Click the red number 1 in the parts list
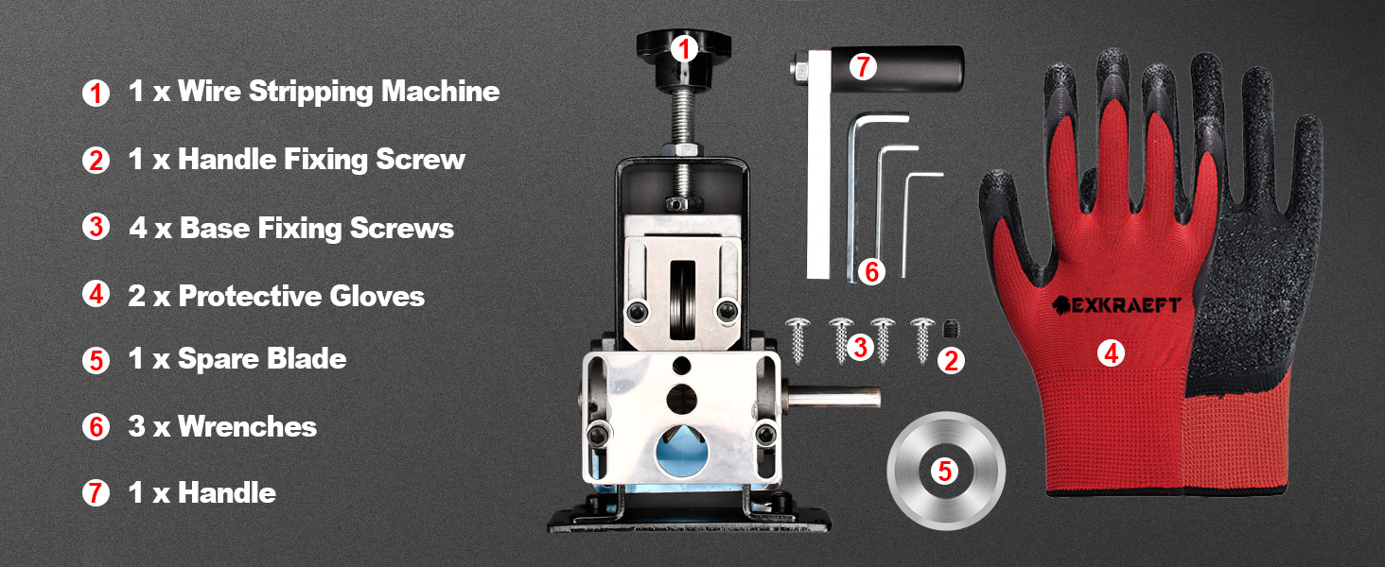[x=96, y=93]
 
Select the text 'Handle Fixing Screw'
[x=322, y=159]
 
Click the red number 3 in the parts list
[x=96, y=229]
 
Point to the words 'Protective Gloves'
[x=301, y=297]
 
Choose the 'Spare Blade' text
[x=261, y=359]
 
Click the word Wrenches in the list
[x=247, y=426]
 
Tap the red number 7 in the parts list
[x=96, y=493]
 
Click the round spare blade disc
[x=945, y=471]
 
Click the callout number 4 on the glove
[x=1111, y=353]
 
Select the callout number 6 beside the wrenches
[x=871, y=272]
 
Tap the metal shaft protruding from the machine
[x=833, y=398]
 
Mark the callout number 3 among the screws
[x=859, y=347]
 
